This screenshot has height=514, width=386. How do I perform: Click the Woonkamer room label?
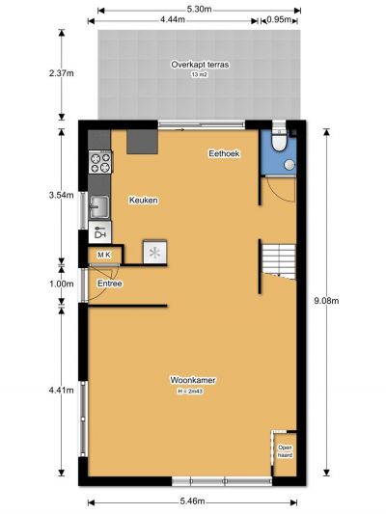192,380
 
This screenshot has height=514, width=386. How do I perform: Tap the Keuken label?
144,200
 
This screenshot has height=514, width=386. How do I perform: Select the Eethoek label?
224,153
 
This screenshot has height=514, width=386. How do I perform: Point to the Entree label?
110,284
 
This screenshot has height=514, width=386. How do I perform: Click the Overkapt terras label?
200,65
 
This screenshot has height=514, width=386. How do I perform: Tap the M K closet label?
104,255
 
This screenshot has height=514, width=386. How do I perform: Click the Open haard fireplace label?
285,451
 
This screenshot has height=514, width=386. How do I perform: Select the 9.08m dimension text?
326,301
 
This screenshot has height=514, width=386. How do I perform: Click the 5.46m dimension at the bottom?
192,501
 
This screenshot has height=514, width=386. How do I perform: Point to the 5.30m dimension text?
199,10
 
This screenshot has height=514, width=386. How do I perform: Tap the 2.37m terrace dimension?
62,73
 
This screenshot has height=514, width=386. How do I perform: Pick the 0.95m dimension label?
279,19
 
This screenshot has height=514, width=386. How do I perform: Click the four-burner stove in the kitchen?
100,163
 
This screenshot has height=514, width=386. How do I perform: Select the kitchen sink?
99,206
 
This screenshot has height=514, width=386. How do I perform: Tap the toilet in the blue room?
280,140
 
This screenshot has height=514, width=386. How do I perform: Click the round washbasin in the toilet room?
289,165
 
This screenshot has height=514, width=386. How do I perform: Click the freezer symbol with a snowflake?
154,252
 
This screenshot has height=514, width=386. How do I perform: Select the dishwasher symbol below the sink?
100,232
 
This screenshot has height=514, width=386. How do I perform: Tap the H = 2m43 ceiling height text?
189,392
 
